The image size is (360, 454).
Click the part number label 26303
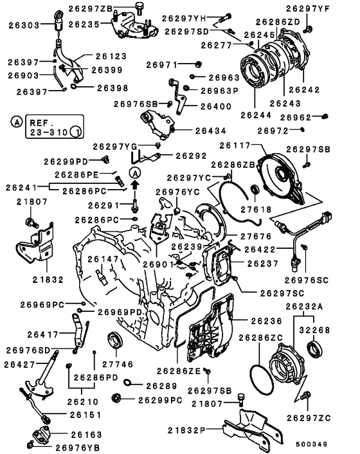tap(24, 25)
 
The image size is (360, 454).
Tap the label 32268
tap(327, 329)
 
